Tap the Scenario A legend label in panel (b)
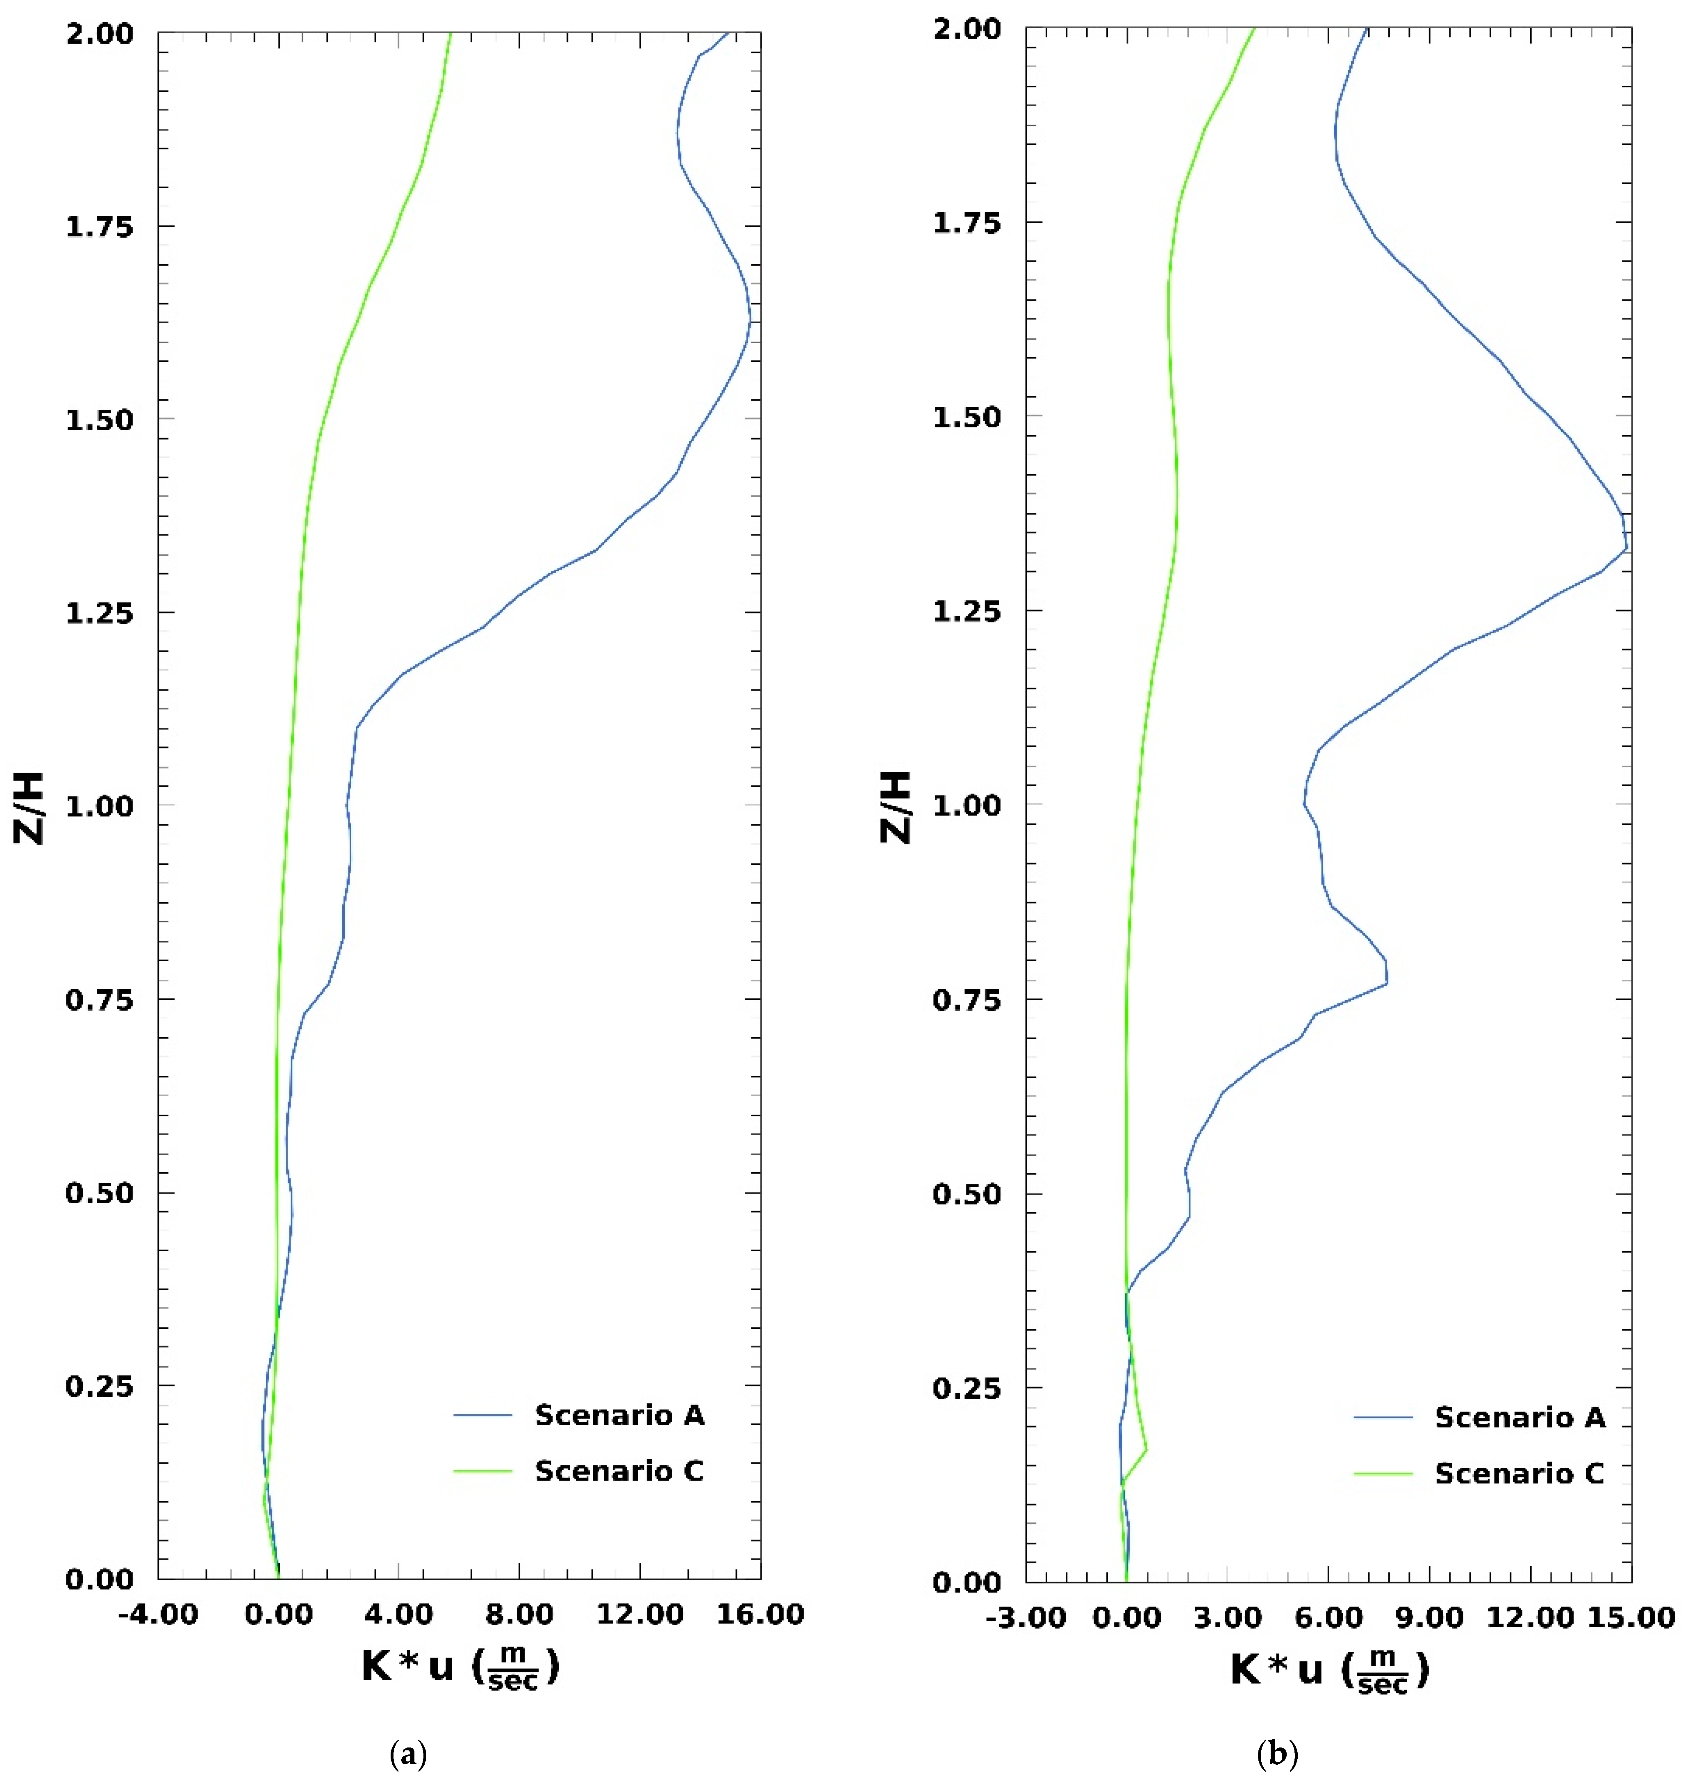point(1520,1417)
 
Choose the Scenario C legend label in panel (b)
point(1520,1474)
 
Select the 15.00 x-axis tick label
point(1631,1617)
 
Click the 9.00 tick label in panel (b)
point(1430,1617)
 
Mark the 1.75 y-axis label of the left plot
point(99,226)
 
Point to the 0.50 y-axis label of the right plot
point(967,1194)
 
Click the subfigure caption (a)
point(408,1754)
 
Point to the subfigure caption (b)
point(1277,1754)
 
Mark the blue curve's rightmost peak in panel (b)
point(1626,548)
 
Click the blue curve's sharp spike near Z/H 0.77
point(1386,982)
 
